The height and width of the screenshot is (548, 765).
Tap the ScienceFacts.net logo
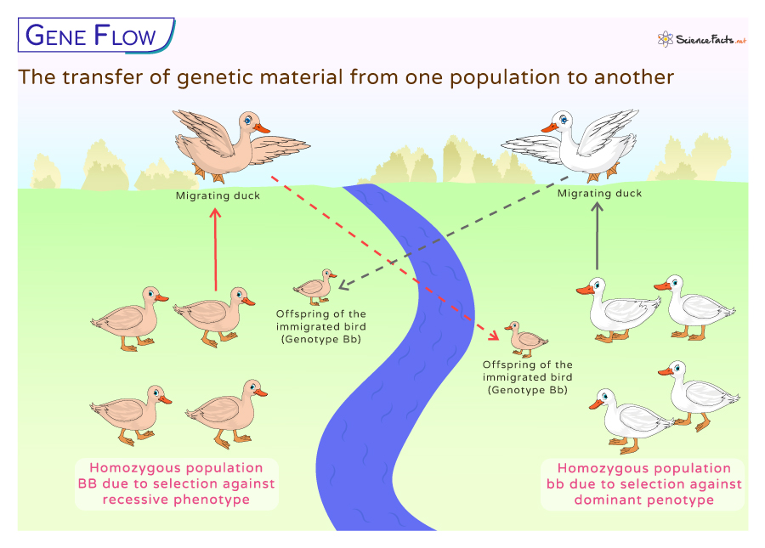pyautogui.click(x=701, y=39)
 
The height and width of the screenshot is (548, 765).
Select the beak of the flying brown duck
pyautogui.click(x=263, y=128)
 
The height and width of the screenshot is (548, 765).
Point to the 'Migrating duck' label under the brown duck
pyautogui.click(x=218, y=196)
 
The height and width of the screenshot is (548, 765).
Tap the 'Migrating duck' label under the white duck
pyautogui.click(x=599, y=194)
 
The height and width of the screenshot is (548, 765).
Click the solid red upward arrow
pyautogui.click(x=215, y=251)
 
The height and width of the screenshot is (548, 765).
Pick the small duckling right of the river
pyautogui.click(x=525, y=339)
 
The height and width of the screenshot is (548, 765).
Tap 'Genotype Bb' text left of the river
pyautogui.click(x=321, y=339)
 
